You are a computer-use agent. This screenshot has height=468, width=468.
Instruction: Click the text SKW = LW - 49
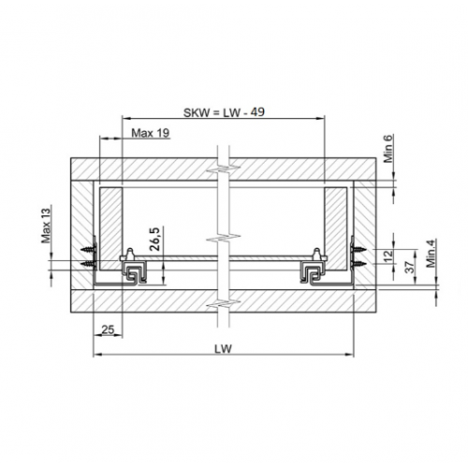[224, 111]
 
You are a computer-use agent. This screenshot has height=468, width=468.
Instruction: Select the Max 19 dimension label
[150, 133]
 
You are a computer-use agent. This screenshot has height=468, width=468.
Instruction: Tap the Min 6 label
[389, 149]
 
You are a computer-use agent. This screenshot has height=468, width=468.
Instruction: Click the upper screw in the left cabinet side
[90, 251]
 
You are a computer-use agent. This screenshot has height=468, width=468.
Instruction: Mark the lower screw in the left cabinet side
[90, 266]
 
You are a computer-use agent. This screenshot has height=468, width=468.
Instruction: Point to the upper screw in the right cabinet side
[357, 247]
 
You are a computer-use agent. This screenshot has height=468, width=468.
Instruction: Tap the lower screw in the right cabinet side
[357, 265]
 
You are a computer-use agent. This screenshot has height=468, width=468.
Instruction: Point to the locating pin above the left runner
[131, 253]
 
